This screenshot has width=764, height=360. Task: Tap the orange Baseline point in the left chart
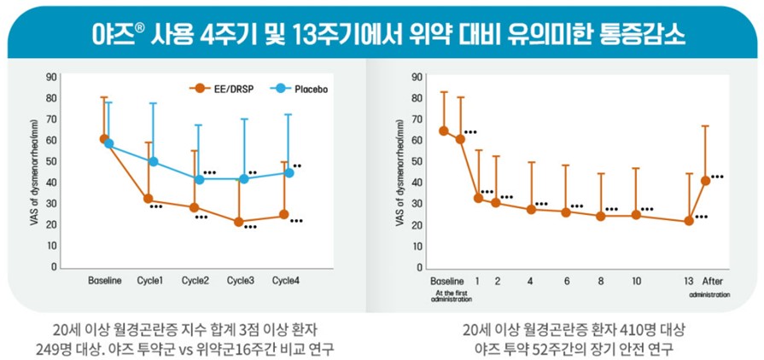(x=104, y=138)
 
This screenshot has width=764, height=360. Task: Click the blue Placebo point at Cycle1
(x=154, y=161)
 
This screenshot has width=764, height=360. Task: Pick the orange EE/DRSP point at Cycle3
(x=239, y=222)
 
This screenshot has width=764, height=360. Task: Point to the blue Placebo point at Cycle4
(x=289, y=173)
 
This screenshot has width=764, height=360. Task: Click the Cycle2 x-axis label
(x=195, y=281)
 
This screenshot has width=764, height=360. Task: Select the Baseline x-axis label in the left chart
(x=106, y=281)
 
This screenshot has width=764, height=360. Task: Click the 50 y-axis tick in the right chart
(x=417, y=161)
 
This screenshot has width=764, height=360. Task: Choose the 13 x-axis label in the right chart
(x=688, y=281)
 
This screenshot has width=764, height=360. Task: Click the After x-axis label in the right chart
(x=711, y=281)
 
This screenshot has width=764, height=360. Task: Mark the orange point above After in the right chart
(x=706, y=180)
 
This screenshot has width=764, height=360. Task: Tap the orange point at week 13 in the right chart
(x=689, y=221)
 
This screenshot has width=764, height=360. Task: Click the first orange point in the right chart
(x=444, y=131)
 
